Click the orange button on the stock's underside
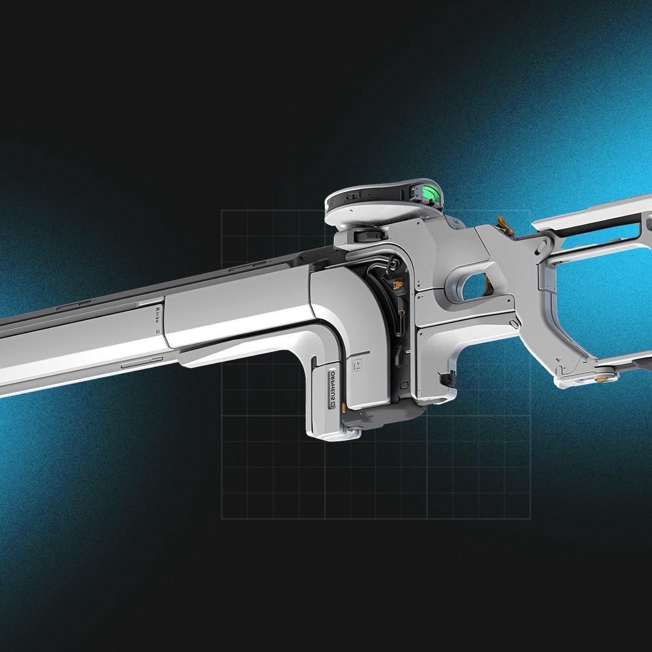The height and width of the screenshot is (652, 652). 602,380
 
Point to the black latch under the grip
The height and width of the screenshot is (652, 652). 447,379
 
